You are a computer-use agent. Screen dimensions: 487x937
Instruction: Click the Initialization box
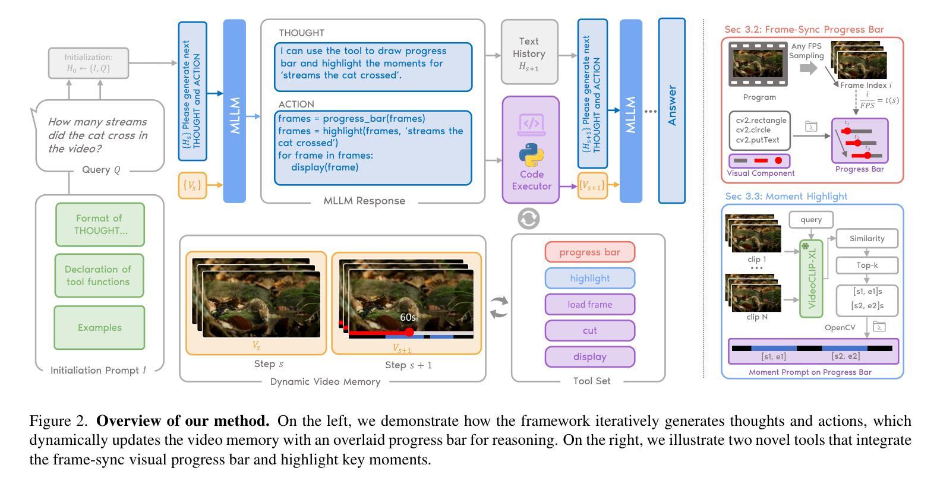89,63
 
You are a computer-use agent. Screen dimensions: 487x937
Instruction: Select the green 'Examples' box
99,327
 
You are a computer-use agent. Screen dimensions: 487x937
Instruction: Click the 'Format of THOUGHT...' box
100,224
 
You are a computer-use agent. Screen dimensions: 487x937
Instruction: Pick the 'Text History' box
529,52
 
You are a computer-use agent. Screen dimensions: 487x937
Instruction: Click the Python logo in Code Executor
531,155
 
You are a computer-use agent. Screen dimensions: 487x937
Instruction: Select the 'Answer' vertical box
671,110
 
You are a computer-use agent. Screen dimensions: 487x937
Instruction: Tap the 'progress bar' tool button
589,252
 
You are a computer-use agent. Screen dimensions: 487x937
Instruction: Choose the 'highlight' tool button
589,278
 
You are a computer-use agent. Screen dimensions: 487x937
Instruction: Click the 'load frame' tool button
589,304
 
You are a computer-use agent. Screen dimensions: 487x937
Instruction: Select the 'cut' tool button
589,330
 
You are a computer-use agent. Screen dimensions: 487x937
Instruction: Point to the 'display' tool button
589,356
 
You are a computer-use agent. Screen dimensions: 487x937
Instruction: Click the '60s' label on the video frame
408,318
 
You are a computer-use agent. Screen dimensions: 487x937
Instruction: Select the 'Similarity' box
866,238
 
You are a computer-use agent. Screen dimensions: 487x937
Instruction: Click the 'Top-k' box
866,265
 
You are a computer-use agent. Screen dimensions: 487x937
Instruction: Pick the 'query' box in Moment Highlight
810,219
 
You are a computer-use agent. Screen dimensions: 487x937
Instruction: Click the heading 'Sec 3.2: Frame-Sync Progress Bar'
804,29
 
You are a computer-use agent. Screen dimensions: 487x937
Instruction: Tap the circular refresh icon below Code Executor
528,219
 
